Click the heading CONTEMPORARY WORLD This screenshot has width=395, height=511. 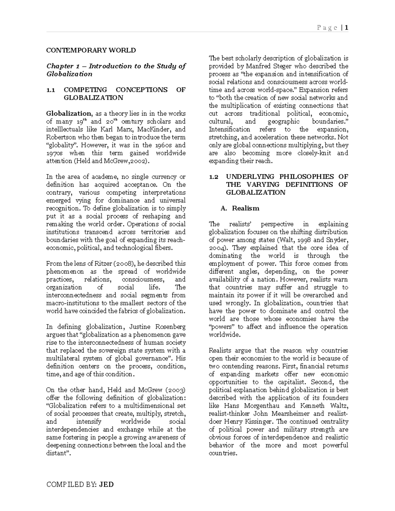[91, 50]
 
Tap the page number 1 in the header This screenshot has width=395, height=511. [347, 28]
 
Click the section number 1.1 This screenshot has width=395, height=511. [51, 90]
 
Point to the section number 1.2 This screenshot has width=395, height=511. [214, 177]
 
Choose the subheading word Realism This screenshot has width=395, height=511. [246, 208]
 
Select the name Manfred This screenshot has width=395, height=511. [257, 66]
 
